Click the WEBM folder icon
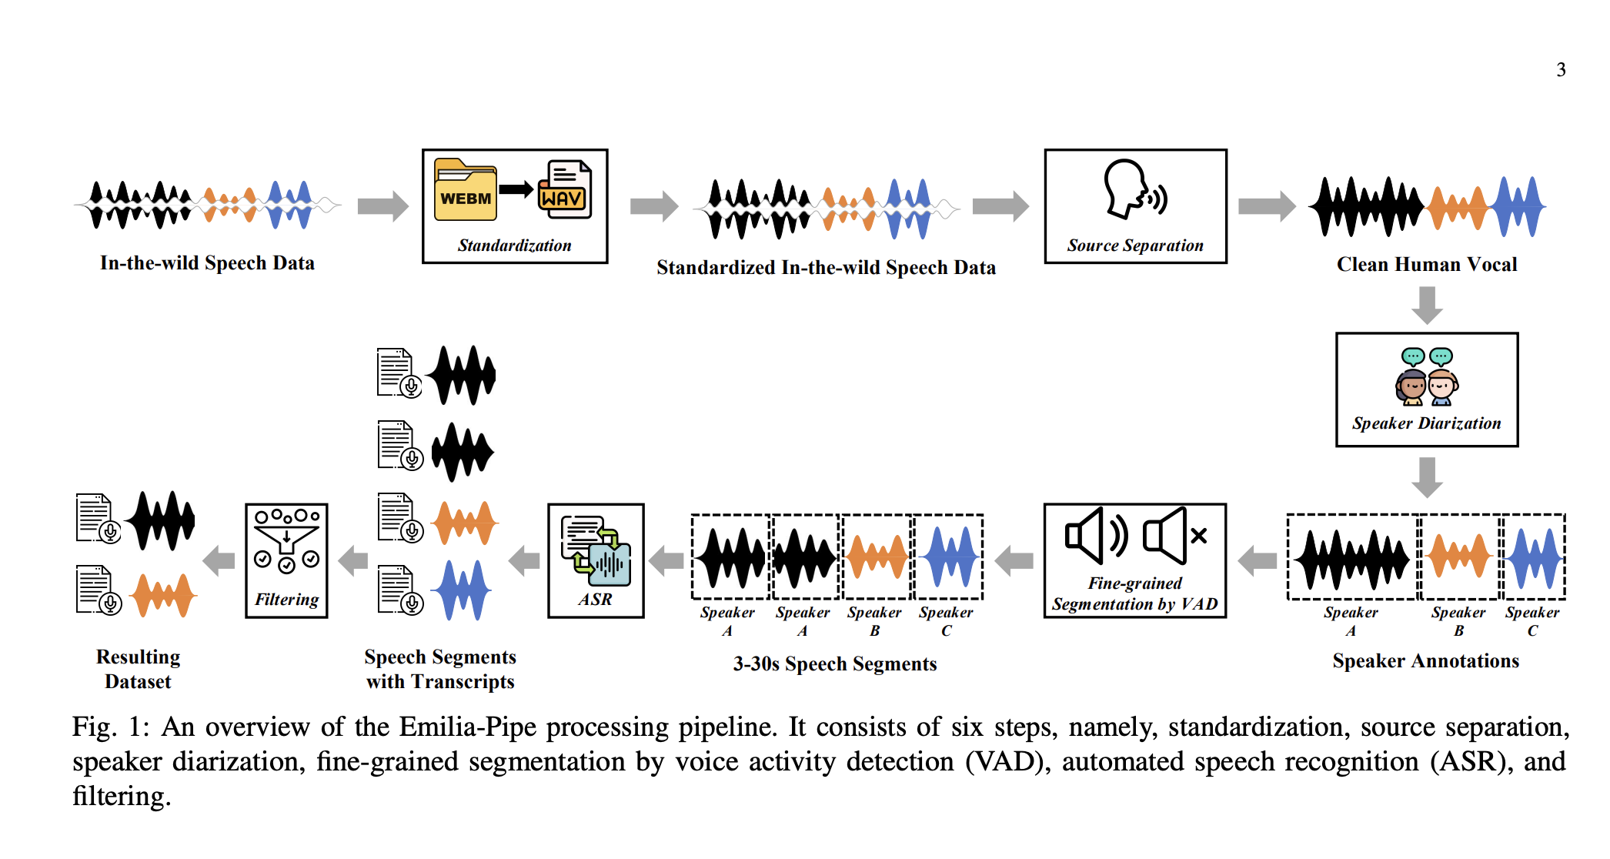click(466, 189)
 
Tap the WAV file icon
click(565, 189)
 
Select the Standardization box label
click(515, 246)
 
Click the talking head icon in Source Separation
click(1135, 189)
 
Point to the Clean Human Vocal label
click(1427, 264)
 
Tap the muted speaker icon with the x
click(1174, 535)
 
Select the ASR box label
click(596, 599)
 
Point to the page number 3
click(1561, 69)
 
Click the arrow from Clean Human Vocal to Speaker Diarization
click(1427, 306)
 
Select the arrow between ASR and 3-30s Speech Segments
click(666, 560)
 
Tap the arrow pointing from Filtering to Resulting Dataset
click(219, 560)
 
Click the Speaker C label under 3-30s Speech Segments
click(946, 621)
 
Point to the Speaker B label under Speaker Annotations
click(1458, 621)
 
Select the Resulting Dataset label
click(139, 669)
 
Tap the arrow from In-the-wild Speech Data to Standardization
click(383, 206)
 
